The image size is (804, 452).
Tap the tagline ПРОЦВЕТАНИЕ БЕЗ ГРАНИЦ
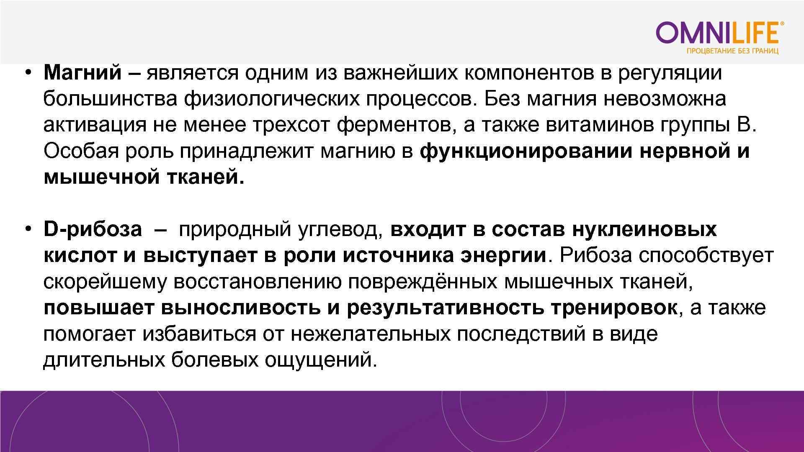(x=732, y=51)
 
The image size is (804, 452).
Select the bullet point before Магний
(x=28, y=73)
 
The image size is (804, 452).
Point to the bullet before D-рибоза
(x=28, y=230)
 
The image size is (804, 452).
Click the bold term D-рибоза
(x=93, y=230)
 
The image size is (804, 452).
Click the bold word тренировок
(x=614, y=308)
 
